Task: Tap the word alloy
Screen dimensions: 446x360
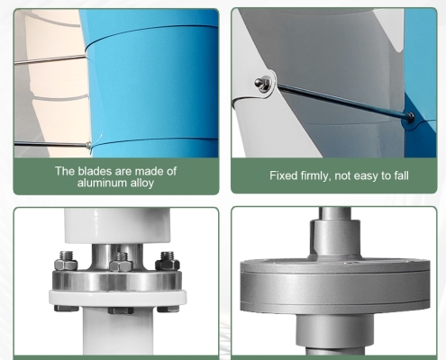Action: [142, 183]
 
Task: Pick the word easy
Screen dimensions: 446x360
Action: [367, 175]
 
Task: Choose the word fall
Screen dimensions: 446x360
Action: [402, 175]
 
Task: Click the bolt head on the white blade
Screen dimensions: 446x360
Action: [262, 84]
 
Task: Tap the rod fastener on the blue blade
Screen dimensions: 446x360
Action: [409, 116]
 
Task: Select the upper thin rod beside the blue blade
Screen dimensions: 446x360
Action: [50, 59]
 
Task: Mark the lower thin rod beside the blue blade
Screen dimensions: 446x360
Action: [51, 144]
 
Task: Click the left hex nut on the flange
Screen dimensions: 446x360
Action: [67, 262]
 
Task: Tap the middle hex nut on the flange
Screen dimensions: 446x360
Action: [121, 263]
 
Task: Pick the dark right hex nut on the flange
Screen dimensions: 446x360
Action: [168, 262]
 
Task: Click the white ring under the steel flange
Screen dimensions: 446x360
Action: [118, 297]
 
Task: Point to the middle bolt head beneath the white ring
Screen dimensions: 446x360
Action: [121, 310]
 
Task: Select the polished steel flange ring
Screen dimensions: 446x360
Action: [117, 281]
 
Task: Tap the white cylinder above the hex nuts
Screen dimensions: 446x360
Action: [117, 226]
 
